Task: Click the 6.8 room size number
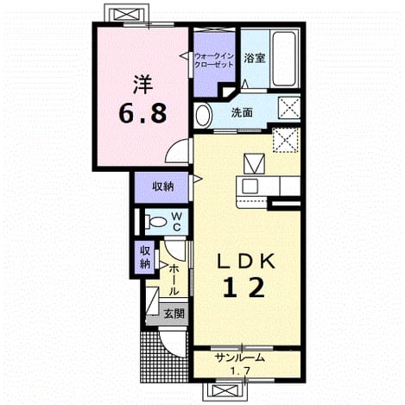142,113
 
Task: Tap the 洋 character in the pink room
142,85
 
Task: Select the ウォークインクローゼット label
214,60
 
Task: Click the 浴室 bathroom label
255,59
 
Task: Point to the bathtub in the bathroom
284,59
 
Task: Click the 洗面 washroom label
242,113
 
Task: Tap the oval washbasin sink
203,115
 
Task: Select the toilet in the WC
155,222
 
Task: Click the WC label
176,222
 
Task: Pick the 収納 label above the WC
163,187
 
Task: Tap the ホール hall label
174,280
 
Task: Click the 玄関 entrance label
174,313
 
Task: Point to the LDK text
245,262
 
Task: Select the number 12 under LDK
244,288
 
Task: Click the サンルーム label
239,358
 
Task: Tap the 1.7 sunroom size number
240,370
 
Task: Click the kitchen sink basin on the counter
250,187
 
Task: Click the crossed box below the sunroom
225,391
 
